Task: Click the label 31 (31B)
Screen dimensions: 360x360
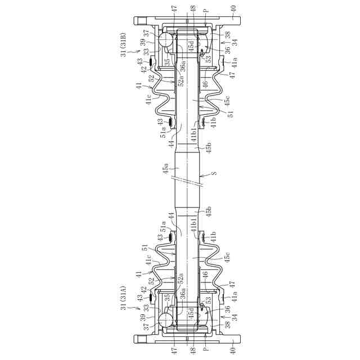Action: point(124,45)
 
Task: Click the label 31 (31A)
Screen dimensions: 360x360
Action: point(124,298)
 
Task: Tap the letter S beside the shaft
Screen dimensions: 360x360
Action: point(214,173)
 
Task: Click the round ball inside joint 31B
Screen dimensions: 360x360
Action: point(165,39)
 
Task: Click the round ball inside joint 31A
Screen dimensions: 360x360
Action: point(165,321)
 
